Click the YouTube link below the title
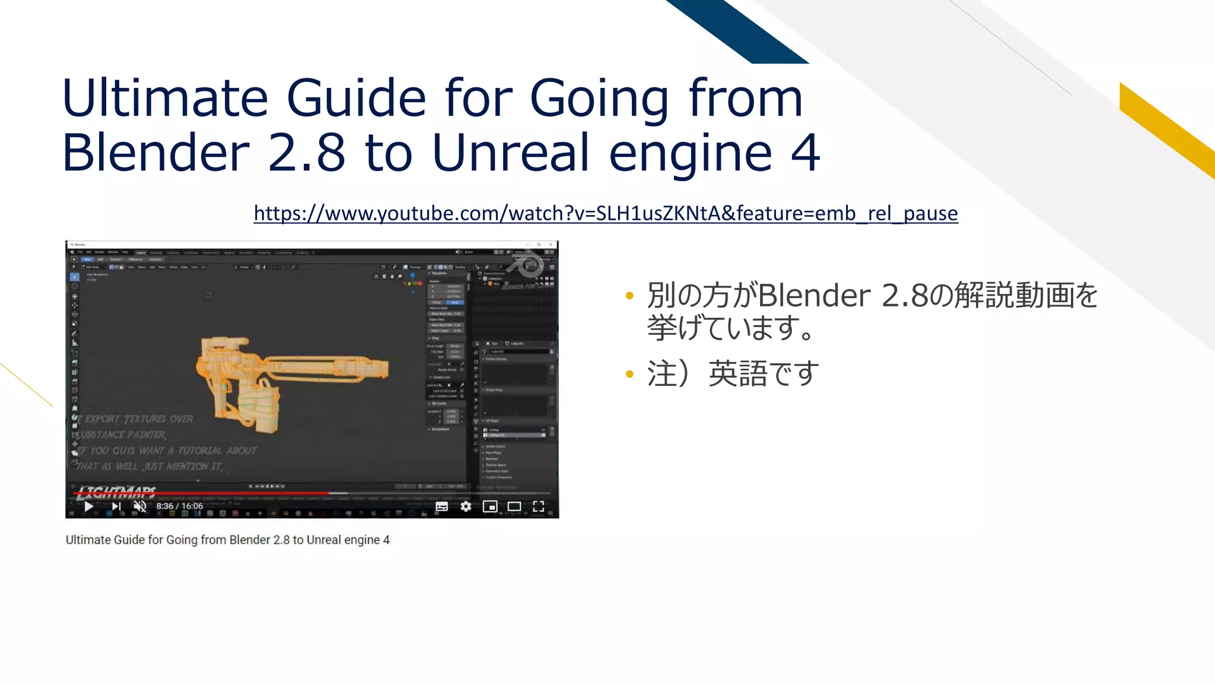pos(605,213)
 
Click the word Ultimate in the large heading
pos(165,98)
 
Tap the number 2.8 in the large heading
pos(306,153)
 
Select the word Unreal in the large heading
pos(510,153)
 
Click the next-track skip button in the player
pos(116,506)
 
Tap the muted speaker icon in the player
pos(140,506)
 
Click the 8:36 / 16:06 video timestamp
pos(179,506)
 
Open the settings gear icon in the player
pos(466,506)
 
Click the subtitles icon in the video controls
pos(441,506)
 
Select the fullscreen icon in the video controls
pos(538,506)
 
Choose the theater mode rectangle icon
pos(514,506)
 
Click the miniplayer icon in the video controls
pos(490,506)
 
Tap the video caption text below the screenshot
pos(227,540)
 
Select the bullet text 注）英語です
pos(733,374)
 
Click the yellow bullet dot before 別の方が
pos(629,296)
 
